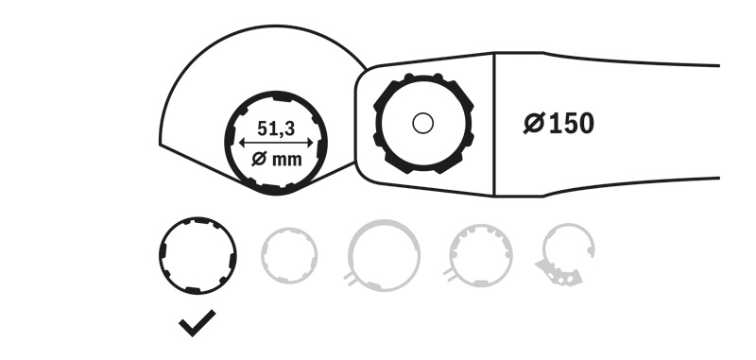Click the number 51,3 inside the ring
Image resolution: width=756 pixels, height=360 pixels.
tap(276, 129)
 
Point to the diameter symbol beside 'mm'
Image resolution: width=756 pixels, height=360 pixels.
tap(259, 159)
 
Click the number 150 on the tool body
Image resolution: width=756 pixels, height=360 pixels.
tap(572, 124)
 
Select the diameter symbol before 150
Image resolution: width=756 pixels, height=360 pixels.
tap(534, 124)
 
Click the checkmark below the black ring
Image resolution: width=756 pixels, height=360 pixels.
tap(198, 323)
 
